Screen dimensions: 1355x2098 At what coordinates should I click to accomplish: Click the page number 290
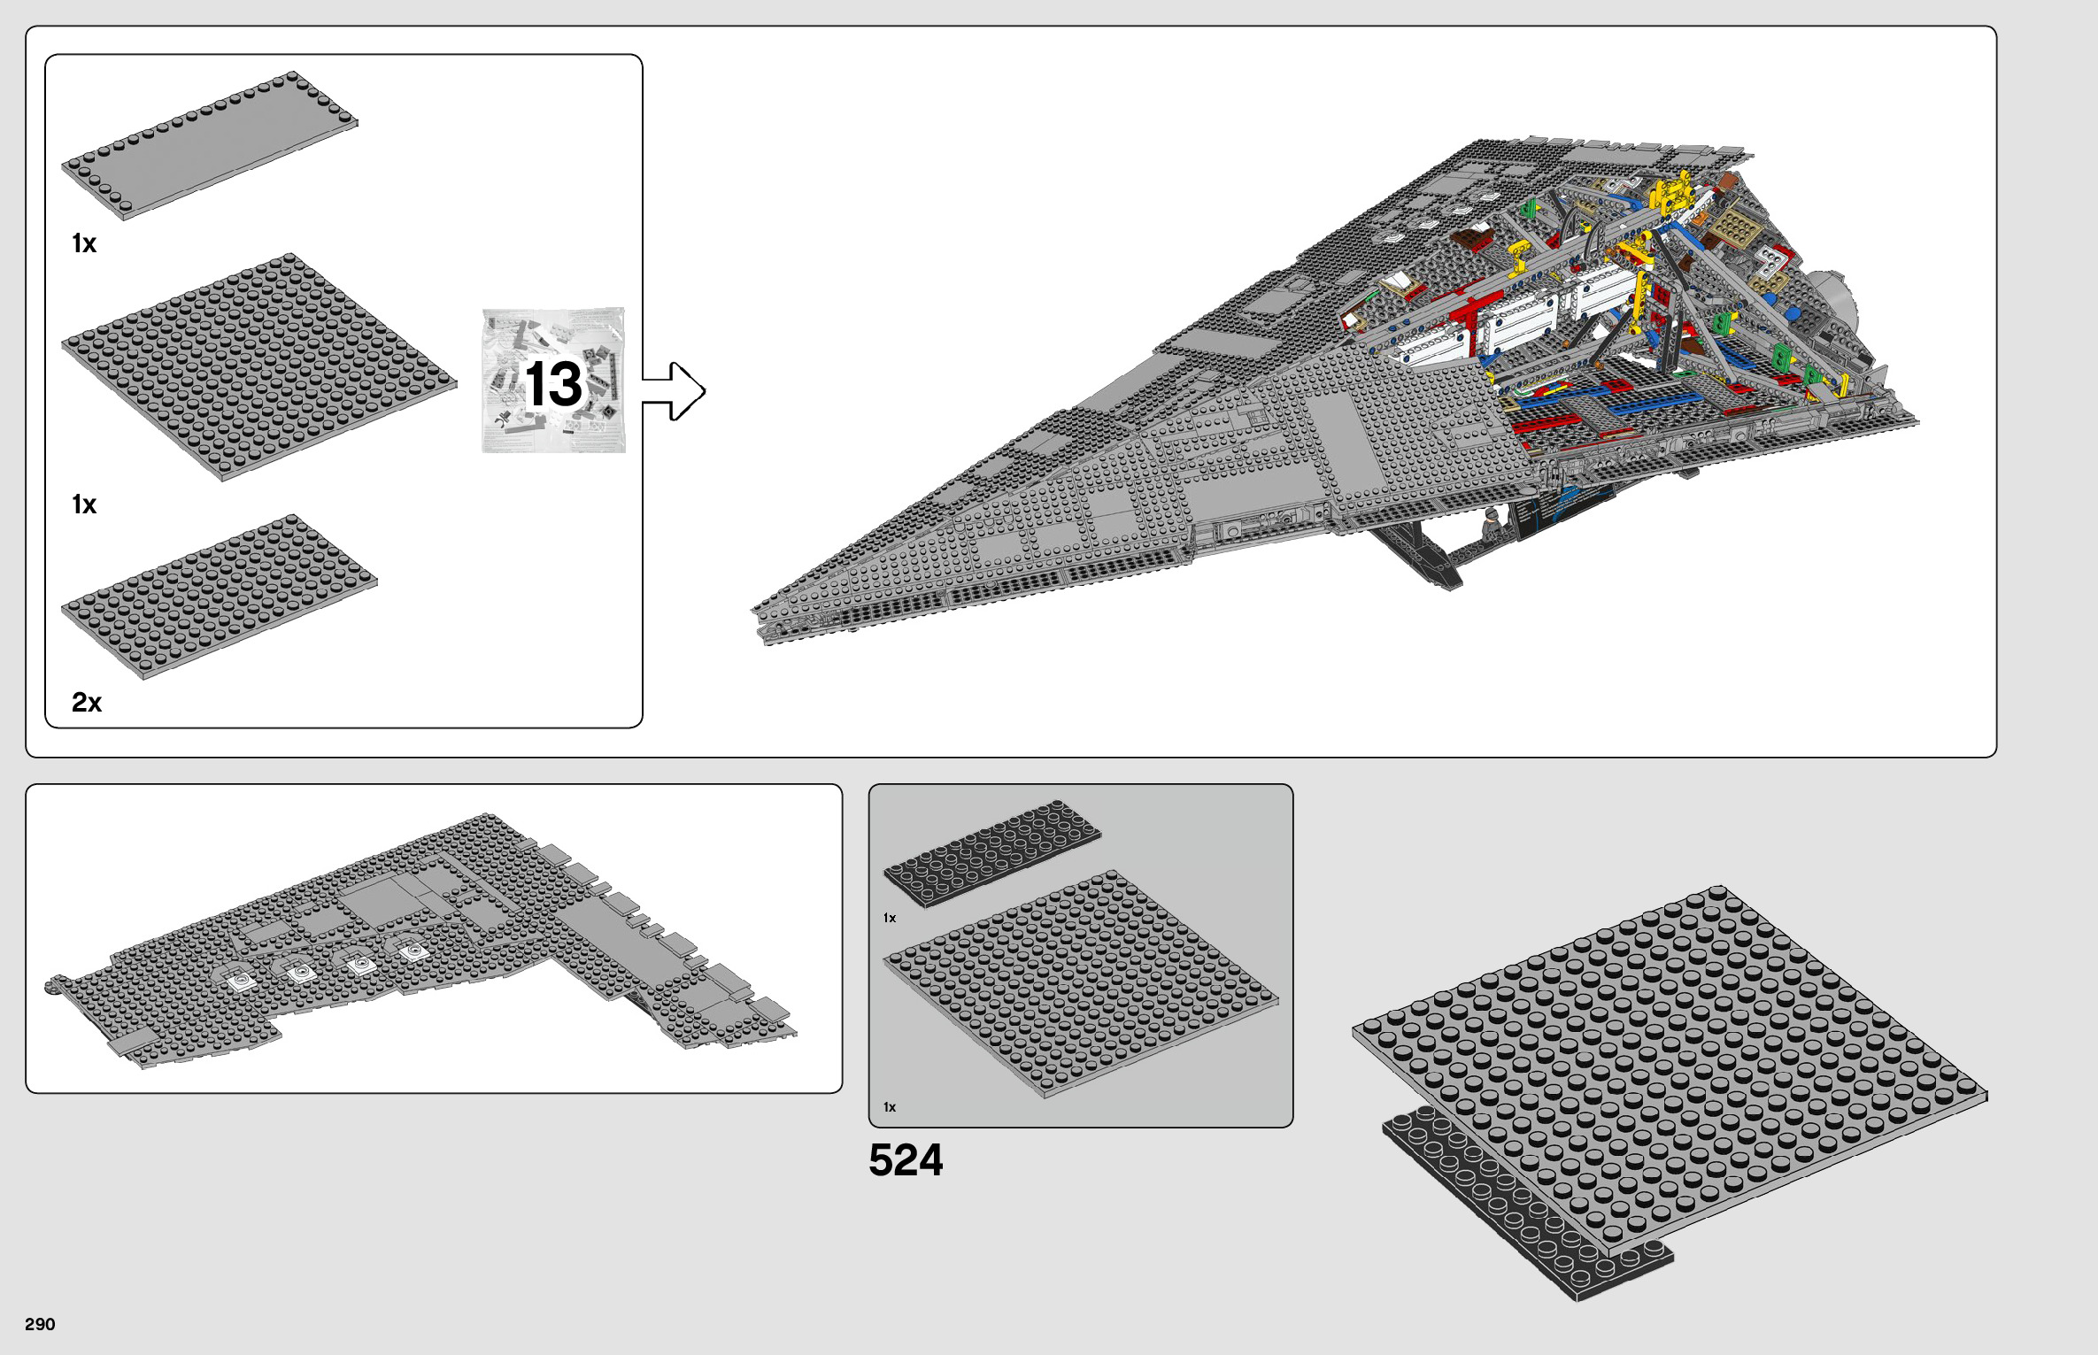click(40, 1324)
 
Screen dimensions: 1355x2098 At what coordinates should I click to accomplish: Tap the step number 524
click(906, 1160)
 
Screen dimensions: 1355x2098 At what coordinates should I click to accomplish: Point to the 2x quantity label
click(86, 703)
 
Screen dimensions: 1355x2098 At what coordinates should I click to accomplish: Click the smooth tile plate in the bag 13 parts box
click(210, 145)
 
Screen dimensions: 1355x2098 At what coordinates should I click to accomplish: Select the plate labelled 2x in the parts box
click(219, 597)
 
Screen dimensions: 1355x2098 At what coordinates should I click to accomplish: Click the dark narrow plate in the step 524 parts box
click(992, 853)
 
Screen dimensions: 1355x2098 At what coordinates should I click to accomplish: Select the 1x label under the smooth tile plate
click(84, 243)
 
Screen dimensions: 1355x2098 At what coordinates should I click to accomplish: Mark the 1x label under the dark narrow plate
click(890, 918)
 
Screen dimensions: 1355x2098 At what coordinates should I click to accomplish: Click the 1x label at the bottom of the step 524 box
click(890, 1107)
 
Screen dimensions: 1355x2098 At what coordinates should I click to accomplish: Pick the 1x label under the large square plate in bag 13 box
click(84, 504)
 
